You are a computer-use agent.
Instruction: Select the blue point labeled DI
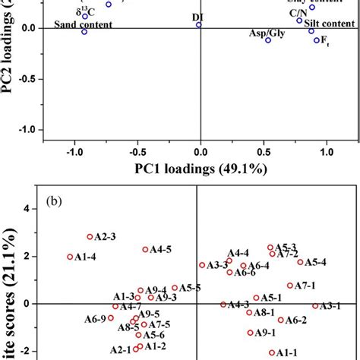tap(199, 25)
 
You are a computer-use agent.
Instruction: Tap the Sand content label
tap(84, 24)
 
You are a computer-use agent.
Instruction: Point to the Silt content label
tap(330, 24)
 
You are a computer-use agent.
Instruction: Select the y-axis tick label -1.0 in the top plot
tap(27, 130)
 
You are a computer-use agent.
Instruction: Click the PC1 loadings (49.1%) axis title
tap(200, 169)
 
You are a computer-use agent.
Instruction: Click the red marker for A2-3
tap(90, 237)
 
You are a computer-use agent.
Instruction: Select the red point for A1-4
tap(71, 257)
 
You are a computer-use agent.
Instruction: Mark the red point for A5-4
tap(300, 262)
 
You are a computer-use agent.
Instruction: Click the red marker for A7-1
tap(290, 286)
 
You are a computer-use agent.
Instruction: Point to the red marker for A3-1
tap(315, 305)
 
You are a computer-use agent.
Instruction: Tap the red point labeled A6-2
tap(281, 320)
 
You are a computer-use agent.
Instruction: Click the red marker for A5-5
tap(175, 288)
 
